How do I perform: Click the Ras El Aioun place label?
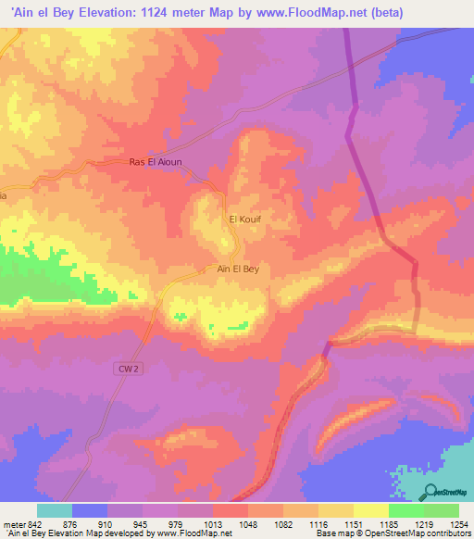(x=156, y=162)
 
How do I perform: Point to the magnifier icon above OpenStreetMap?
(x=431, y=491)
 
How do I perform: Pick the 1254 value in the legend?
(x=457, y=523)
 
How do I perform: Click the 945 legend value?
(x=143, y=523)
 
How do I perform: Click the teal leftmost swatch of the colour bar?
(x=55, y=510)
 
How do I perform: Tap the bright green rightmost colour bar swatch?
(x=441, y=510)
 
